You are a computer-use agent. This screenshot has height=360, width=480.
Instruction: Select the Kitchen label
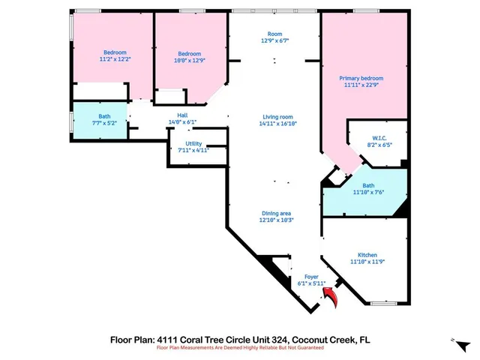tap(367, 255)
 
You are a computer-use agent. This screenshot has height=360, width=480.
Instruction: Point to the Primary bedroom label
tap(361, 78)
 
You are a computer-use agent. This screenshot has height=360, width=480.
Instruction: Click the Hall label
tap(182, 115)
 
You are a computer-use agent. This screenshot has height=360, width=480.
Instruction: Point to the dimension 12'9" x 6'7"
tap(276, 41)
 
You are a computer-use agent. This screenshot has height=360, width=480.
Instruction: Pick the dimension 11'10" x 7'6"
tap(368, 192)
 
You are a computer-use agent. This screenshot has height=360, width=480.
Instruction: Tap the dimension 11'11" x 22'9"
tap(361, 85)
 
